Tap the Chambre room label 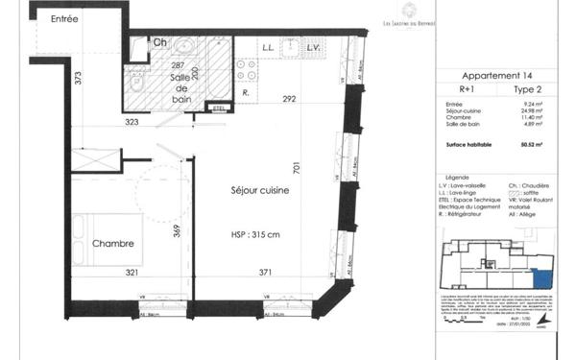[112, 243]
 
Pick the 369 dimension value [176, 229]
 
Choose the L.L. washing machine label [269, 47]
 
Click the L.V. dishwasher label [312, 47]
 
